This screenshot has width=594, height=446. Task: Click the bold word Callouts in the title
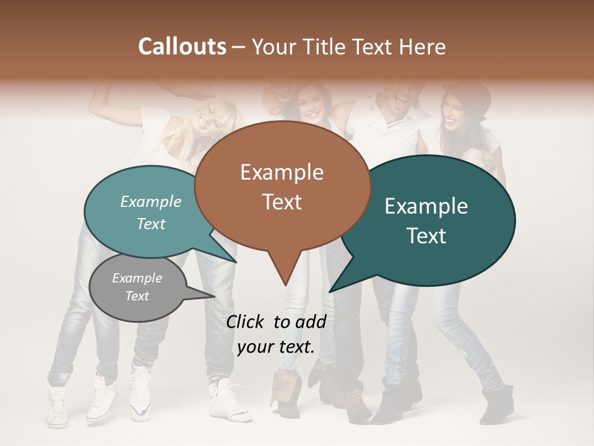[x=182, y=46]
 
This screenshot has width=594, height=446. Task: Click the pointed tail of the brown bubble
[x=285, y=282]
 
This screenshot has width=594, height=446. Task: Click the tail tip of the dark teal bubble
[x=330, y=291]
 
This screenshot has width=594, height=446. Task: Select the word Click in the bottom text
[x=246, y=321]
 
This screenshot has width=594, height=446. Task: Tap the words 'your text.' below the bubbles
[x=276, y=347]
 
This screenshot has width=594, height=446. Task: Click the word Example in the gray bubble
[x=137, y=278]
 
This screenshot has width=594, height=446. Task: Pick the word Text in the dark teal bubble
[x=427, y=235]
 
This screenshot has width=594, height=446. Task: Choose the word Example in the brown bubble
[x=282, y=172]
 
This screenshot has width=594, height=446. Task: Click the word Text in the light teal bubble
[x=151, y=224]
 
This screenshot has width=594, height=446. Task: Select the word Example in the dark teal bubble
[x=426, y=206]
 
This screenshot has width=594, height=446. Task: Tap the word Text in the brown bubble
[x=282, y=202]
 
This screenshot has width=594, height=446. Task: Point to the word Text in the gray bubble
[x=137, y=296]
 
